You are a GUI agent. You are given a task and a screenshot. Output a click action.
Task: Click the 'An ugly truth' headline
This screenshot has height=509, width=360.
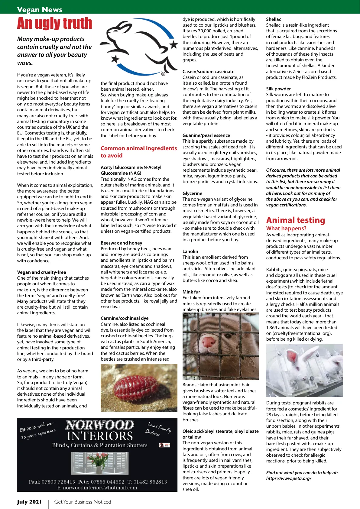click(x=54, y=24)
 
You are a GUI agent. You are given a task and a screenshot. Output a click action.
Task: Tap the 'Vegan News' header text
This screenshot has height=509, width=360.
click(x=40, y=10)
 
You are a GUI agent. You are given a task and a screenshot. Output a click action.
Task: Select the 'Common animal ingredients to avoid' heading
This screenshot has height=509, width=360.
click(x=139, y=152)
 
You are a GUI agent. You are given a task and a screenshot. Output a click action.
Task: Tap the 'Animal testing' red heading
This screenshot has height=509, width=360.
click(x=295, y=220)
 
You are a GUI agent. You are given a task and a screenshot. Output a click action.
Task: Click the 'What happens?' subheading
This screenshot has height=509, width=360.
click(x=286, y=229)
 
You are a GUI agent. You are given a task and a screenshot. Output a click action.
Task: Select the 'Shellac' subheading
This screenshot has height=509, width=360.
click(x=274, y=19)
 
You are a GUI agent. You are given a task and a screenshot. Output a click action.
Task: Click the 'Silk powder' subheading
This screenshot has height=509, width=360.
click(x=278, y=89)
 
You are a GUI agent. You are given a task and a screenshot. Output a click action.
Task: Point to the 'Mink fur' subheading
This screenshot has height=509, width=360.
click(x=191, y=292)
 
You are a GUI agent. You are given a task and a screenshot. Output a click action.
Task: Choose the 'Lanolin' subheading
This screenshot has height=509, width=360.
click(x=190, y=251)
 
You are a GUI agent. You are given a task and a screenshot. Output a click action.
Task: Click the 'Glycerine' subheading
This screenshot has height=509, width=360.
click(x=192, y=193)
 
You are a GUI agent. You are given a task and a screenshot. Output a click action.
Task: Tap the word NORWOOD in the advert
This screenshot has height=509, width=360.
click(x=100, y=425)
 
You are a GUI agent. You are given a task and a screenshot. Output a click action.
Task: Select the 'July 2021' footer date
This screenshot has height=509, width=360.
click(x=29, y=502)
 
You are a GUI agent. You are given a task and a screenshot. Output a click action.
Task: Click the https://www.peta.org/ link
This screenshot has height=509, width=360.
click(x=289, y=478)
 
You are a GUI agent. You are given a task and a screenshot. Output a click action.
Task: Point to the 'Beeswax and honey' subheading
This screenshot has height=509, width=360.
click(x=121, y=243)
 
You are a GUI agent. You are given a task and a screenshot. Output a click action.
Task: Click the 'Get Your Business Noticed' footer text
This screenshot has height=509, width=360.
click(x=83, y=502)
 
